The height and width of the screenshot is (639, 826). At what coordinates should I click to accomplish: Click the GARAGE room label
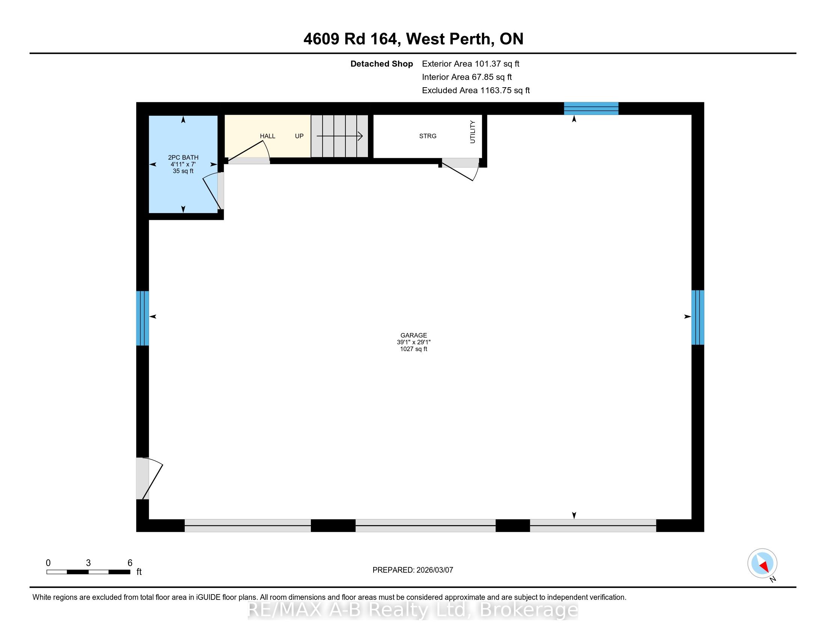(x=413, y=335)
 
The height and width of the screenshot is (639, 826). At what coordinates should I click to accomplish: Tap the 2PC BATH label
(x=183, y=157)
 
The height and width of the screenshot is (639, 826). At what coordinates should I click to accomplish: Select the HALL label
(x=267, y=136)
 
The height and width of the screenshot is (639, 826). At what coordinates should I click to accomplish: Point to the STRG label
(x=428, y=136)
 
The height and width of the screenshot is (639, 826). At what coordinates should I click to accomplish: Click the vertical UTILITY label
(x=472, y=132)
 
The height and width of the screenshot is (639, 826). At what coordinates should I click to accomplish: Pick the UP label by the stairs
(x=299, y=136)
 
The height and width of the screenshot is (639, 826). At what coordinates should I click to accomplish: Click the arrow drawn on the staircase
(x=340, y=136)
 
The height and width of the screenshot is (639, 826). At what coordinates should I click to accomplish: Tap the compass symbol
(x=762, y=563)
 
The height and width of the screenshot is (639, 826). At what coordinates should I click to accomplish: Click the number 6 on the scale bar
(x=130, y=563)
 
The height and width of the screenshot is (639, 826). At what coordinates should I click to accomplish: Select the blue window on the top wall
(x=591, y=108)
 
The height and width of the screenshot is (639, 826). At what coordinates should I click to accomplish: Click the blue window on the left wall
(x=142, y=318)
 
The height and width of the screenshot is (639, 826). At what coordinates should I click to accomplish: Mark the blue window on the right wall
(x=698, y=317)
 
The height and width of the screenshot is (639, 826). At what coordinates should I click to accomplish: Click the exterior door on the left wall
(x=149, y=478)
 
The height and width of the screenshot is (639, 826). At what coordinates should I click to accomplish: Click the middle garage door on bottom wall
(x=425, y=525)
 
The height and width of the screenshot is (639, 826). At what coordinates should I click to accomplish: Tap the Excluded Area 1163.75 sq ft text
(x=476, y=91)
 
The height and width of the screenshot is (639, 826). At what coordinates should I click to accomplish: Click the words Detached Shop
(x=381, y=64)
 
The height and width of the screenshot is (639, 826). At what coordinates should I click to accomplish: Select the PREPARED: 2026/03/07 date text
(x=413, y=570)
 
